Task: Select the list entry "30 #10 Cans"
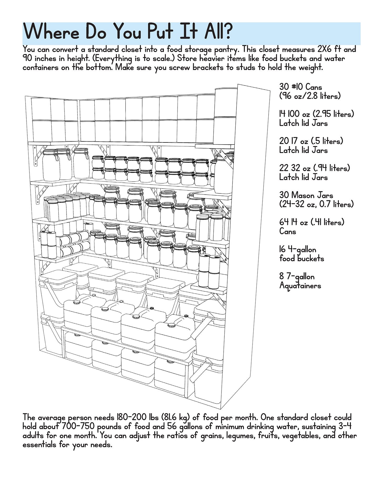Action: (301, 87)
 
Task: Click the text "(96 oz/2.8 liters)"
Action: (310, 96)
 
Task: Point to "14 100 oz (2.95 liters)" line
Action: (317, 114)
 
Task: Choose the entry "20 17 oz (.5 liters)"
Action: (311, 141)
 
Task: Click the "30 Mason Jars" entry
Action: (306, 195)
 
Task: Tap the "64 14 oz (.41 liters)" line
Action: (312, 222)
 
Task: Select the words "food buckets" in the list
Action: (302, 259)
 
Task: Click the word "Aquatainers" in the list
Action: (300, 286)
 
